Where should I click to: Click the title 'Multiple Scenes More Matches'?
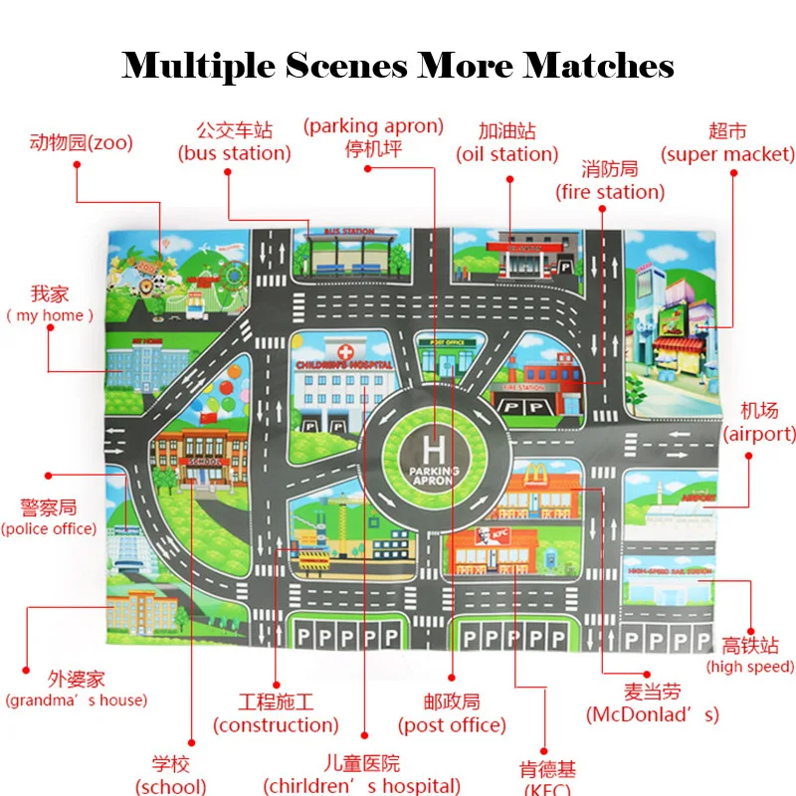click(x=398, y=66)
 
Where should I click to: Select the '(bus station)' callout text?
click(x=235, y=153)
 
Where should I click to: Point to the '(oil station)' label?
click(x=507, y=154)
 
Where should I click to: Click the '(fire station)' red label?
click(x=610, y=192)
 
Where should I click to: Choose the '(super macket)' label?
click(x=728, y=154)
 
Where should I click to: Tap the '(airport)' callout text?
click(x=759, y=434)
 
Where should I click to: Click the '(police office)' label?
click(x=49, y=528)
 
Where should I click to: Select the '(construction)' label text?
click(x=276, y=725)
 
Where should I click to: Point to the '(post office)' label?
click(x=452, y=725)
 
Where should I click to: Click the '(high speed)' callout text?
click(x=750, y=667)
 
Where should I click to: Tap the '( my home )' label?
click(x=50, y=315)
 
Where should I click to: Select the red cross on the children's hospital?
click(x=345, y=353)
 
